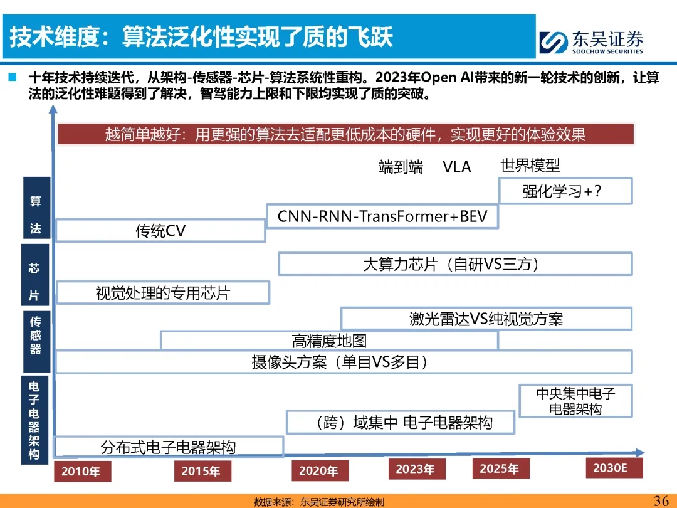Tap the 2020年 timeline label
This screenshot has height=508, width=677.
tap(318, 471)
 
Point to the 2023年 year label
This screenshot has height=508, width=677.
tap(416, 469)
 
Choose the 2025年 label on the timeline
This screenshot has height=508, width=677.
tap(500, 468)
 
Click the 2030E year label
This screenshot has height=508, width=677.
tap(610, 468)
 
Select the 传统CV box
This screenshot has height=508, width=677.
tap(160, 230)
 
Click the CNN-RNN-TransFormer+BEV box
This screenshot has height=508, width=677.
tap(382, 216)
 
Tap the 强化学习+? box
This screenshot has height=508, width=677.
tap(565, 191)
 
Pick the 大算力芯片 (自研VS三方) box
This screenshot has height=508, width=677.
tap(454, 264)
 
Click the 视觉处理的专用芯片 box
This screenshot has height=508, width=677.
tap(163, 293)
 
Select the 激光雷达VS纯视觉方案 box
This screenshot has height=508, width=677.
tap(486, 319)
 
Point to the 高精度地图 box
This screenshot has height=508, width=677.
tap(329, 341)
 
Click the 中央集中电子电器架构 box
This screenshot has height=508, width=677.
tap(575, 401)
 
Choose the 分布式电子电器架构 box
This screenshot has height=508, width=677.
tap(169, 447)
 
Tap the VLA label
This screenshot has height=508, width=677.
tap(456, 167)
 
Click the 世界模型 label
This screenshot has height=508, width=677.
tap(530, 166)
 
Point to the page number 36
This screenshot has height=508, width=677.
tap(661, 500)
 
